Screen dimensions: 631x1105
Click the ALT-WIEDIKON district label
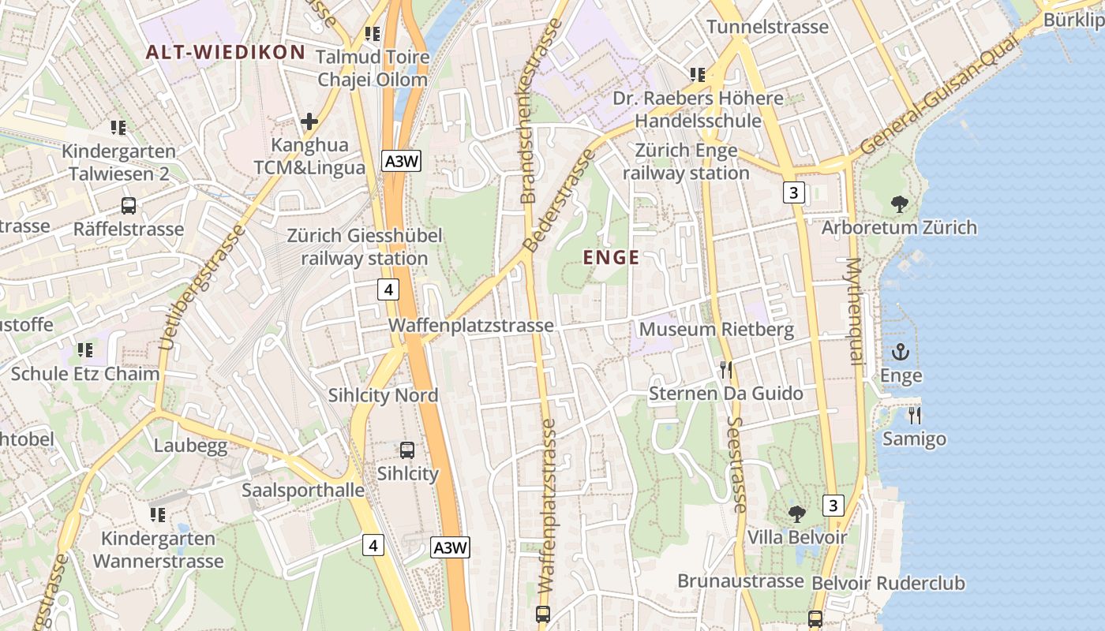226,53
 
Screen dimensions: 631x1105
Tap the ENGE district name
611,257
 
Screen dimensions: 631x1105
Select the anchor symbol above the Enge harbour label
900,353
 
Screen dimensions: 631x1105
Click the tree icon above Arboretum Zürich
899,205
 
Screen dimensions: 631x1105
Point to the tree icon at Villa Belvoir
797,514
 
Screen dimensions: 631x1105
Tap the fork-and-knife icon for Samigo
914,416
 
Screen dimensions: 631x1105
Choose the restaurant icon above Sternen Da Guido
726,370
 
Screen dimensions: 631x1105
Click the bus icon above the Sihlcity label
407,450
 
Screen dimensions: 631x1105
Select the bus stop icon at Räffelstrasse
129,206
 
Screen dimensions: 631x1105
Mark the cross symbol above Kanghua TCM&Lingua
309,122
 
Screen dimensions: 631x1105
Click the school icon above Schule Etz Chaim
85,350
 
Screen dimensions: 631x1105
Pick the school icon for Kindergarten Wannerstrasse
158,515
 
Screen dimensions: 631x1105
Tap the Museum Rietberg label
716,329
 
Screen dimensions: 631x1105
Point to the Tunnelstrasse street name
767,27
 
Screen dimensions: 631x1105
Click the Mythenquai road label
853,311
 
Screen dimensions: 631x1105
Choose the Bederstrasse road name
559,200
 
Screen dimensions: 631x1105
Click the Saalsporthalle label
303,490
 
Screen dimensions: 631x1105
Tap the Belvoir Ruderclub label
888,584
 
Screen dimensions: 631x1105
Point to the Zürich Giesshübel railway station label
364,247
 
